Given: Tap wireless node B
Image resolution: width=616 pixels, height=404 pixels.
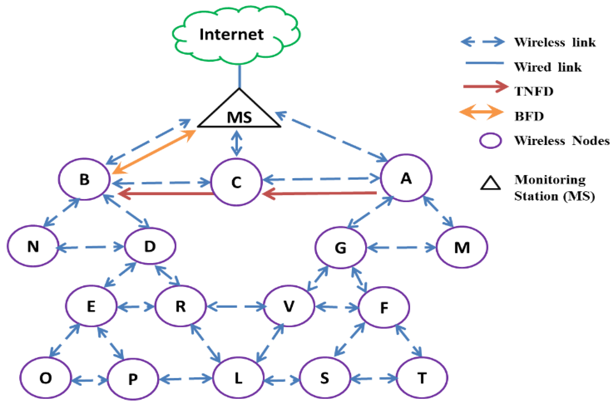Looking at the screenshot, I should point(84,179).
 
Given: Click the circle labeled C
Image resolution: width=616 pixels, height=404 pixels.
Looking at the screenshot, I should point(236,182).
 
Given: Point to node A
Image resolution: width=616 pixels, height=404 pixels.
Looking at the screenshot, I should point(406,178).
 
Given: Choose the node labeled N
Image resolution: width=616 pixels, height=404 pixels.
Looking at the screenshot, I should point(33,246).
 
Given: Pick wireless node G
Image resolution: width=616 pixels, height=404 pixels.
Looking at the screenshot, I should point(341,248).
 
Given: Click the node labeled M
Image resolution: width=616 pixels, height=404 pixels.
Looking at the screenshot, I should point(462,247).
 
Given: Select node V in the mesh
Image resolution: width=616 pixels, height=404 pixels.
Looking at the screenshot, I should point(289,306).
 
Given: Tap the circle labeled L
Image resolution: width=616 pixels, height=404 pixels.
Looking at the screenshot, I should point(238,378).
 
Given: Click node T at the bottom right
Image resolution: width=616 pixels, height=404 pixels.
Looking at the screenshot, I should point(422,378).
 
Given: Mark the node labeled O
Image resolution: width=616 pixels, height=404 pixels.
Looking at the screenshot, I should point(46,378).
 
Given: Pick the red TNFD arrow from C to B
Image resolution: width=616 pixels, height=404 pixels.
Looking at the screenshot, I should point(166,193).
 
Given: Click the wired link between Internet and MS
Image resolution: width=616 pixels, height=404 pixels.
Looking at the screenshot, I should point(239,76).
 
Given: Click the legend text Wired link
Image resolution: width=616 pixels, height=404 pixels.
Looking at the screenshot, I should point(548,67).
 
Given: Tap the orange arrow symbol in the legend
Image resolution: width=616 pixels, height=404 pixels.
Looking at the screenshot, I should point(481,112).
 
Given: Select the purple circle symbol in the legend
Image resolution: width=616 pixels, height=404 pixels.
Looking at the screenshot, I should point(490,141).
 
